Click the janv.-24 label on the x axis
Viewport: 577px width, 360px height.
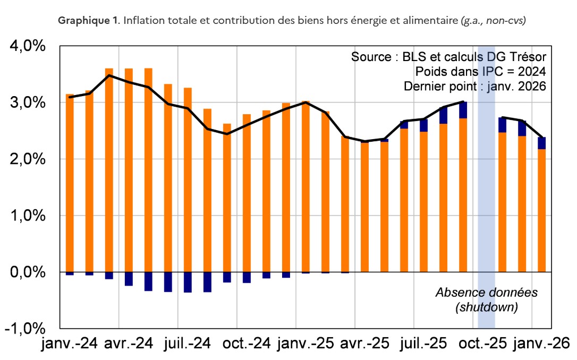click(70, 344)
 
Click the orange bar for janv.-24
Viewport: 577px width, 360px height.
click(70, 183)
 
